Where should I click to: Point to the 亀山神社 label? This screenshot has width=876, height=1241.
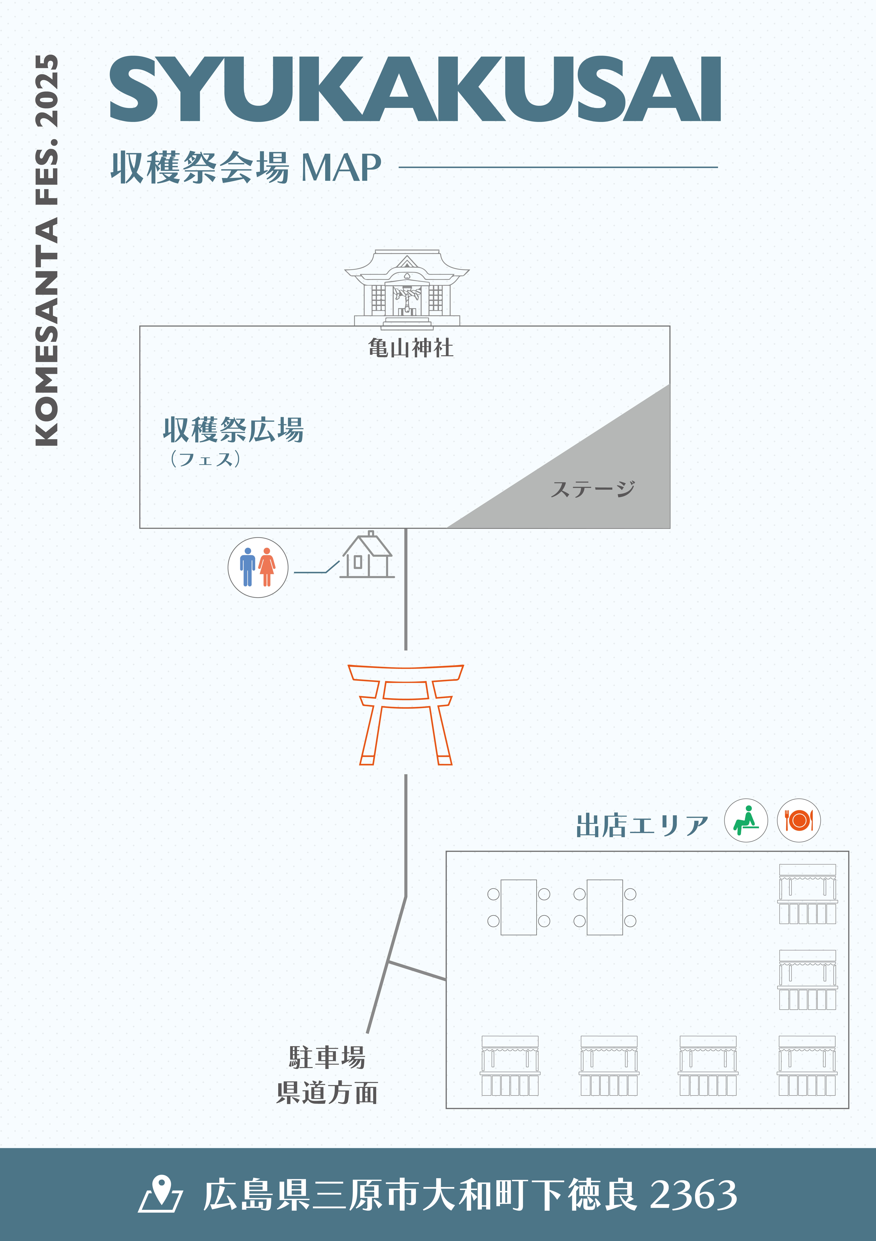[411, 348]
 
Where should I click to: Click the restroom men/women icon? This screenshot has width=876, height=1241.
[258, 568]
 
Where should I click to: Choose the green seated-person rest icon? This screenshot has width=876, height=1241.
[746, 821]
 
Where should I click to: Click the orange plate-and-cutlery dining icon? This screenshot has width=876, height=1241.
[799, 821]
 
